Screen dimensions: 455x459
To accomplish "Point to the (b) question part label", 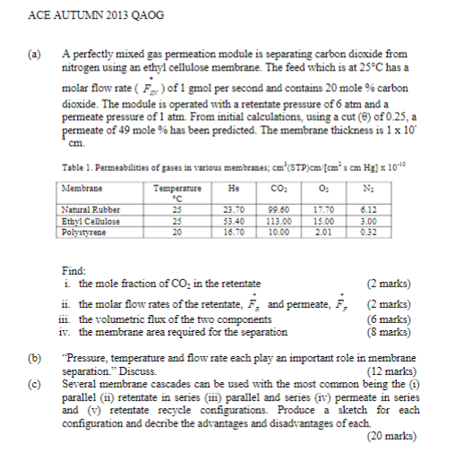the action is (36, 359).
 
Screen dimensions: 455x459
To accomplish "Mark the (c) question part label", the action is (36, 382).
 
